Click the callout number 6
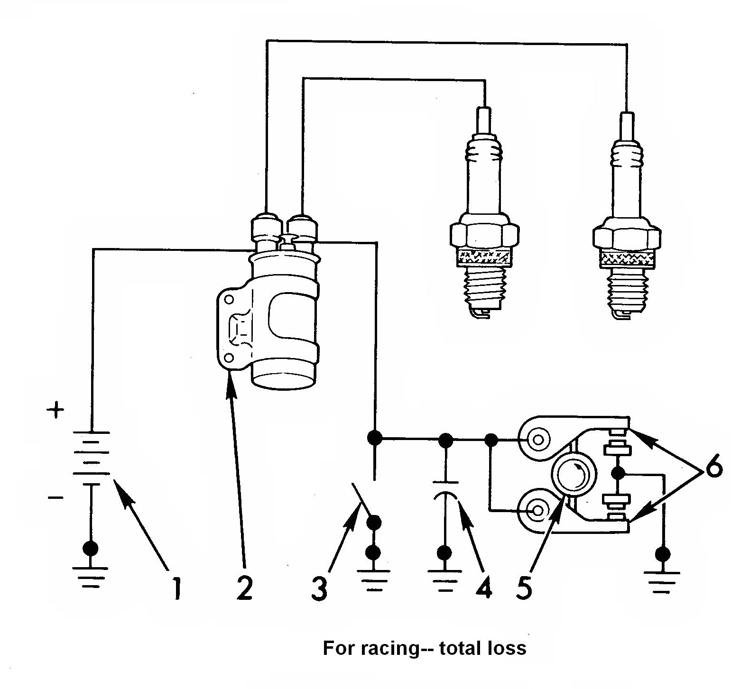pos(712,470)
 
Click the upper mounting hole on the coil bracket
pos(229,300)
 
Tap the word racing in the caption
pos(389,648)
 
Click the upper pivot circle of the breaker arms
pos(538,439)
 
